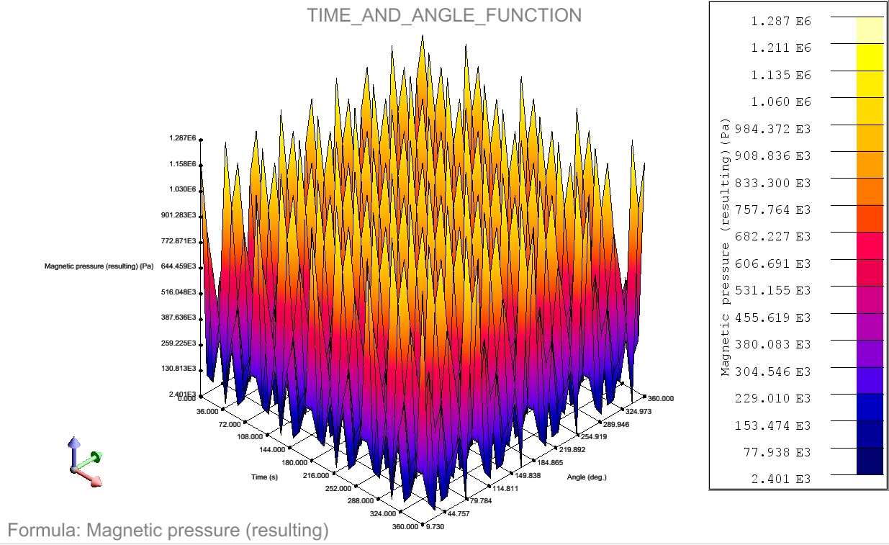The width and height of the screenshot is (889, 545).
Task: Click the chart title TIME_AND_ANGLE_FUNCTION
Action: pos(444,15)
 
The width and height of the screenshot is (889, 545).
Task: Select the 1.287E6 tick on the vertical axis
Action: pos(182,138)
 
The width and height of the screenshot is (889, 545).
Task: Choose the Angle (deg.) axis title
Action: pos(587,477)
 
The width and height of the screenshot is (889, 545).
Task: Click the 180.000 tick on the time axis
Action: pos(294,463)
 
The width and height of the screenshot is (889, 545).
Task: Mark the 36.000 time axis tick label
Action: pos(207,412)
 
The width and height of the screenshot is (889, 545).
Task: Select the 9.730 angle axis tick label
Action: pos(436,527)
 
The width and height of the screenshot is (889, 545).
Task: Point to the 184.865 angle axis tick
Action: pos(550,463)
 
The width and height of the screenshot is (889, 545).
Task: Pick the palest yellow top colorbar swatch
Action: pos(870,30)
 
